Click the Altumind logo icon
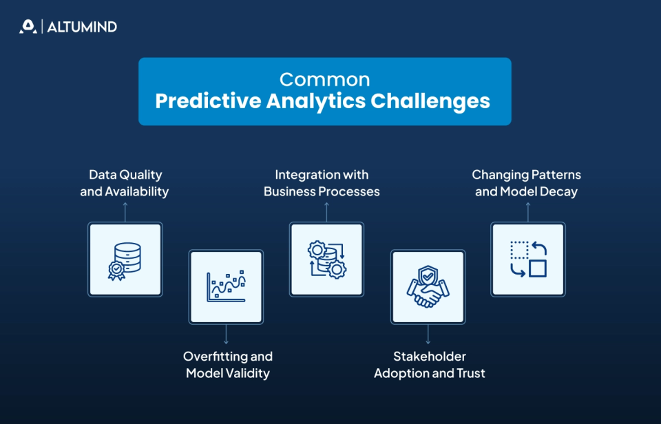pos(28,27)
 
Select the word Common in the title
pos(324,79)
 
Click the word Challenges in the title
pos(430,101)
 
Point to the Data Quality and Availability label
pos(125,183)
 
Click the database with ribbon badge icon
pos(125,259)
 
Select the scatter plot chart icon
pos(226,287)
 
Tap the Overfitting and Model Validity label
pos(227,365)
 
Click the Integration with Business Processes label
pos(322,183)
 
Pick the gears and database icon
pos(326,259)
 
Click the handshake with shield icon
pos(428,287)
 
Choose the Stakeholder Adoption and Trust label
pos(429,365)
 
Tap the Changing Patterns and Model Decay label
pos(526,183)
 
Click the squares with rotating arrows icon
pos(528,259)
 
